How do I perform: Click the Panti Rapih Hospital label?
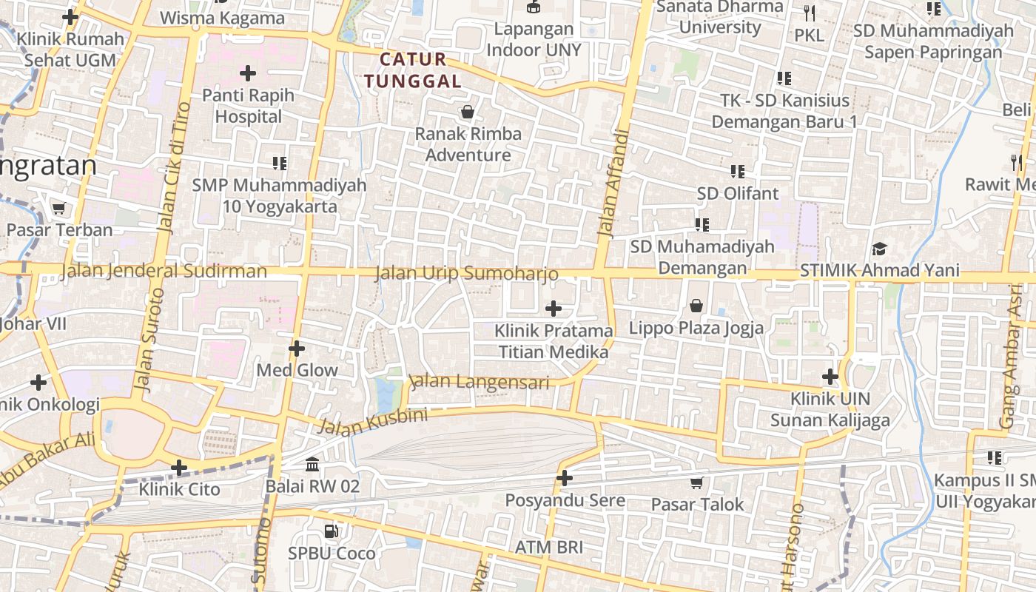click(248, 106)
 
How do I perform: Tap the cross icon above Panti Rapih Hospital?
click(248, 73)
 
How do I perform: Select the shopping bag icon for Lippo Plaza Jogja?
click(696, 306)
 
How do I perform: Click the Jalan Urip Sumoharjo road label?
click(466, 273)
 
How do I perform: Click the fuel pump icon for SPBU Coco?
click(332, 531)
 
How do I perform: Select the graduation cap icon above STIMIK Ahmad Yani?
click(879, 249)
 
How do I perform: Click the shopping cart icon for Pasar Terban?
click(59, 209)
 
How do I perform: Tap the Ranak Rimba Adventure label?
click(468, 144)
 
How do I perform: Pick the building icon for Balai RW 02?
click(312, 465)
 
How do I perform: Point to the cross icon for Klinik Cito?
click(179, 468)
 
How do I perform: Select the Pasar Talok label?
click(697, 504)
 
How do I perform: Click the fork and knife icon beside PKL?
click(809, 13)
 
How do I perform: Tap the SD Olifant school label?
click(738, 193)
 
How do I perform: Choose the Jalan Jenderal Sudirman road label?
click(164, 271)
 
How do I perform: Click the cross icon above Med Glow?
click(297, 349)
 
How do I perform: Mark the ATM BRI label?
click(549, 548)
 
